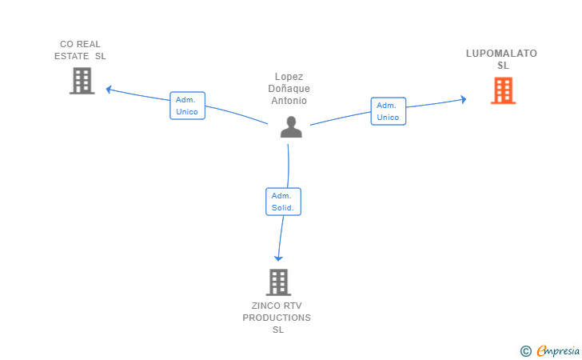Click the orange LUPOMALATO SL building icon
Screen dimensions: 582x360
pyautogui.click(x=504, y=90)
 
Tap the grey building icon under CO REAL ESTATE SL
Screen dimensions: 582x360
pyautogui.click(x=82, y=81)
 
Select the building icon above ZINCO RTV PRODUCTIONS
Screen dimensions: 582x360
pyautogui.click(x=278, y=282)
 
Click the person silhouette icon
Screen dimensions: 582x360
pyautogui.click(x=291, y=127)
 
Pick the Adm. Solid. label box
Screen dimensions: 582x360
pyautogui.click(x=283, y=202)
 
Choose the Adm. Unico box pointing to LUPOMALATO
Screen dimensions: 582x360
pyautogui.click(x=389, y=111)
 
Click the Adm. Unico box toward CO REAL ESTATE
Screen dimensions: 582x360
pyautogui.click(x=187, y=106)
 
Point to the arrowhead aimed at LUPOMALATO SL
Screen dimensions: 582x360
pyautogui.click(x=464, y=99)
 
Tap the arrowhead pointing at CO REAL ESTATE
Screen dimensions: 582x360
pyautogui.click(x=109, y=90)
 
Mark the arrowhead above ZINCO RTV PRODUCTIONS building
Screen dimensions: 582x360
pyautogui.click(x=278, y=258)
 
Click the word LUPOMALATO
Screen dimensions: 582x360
pyautogui.click(x=501, y=54)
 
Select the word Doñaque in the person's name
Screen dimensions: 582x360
pyautogui.click(x=289, y=89)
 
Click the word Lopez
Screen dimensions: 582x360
pyautogui.click(x=289, y=77)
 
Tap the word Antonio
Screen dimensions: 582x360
pyautogui.click(x=289, y=101)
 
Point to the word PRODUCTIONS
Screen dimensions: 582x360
pyautogui.click(x=277, y=318)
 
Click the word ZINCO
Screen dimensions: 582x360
pyautogui.click(x=265, y=306)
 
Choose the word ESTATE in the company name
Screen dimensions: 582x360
pyautogui.click(x=72, y=56)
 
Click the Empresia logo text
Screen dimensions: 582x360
pyautogui.click(x=558, y=350)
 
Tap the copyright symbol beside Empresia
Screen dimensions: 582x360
pyautogui.click(x=526, y=351)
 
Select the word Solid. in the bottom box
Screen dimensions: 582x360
pyautogui.click(x=283, y=208)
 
